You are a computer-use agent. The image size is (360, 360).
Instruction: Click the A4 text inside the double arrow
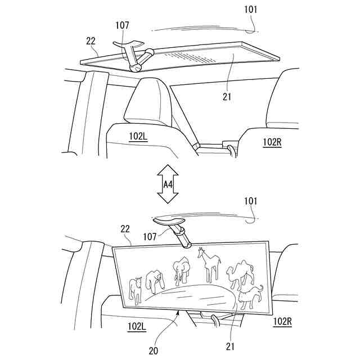click(168, 184)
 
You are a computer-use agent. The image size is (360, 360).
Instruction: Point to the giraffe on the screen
click(209, 264)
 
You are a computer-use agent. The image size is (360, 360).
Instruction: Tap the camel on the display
click(239, 273)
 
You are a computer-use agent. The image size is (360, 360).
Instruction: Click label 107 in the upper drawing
click(122, 25)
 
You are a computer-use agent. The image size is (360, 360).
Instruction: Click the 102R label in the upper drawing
click(272, 143)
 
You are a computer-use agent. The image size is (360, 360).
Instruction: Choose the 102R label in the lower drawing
click(283, 321)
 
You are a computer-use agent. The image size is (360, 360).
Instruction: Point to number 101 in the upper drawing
click(253, 11)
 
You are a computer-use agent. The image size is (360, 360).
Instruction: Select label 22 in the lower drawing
click(125, 229)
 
